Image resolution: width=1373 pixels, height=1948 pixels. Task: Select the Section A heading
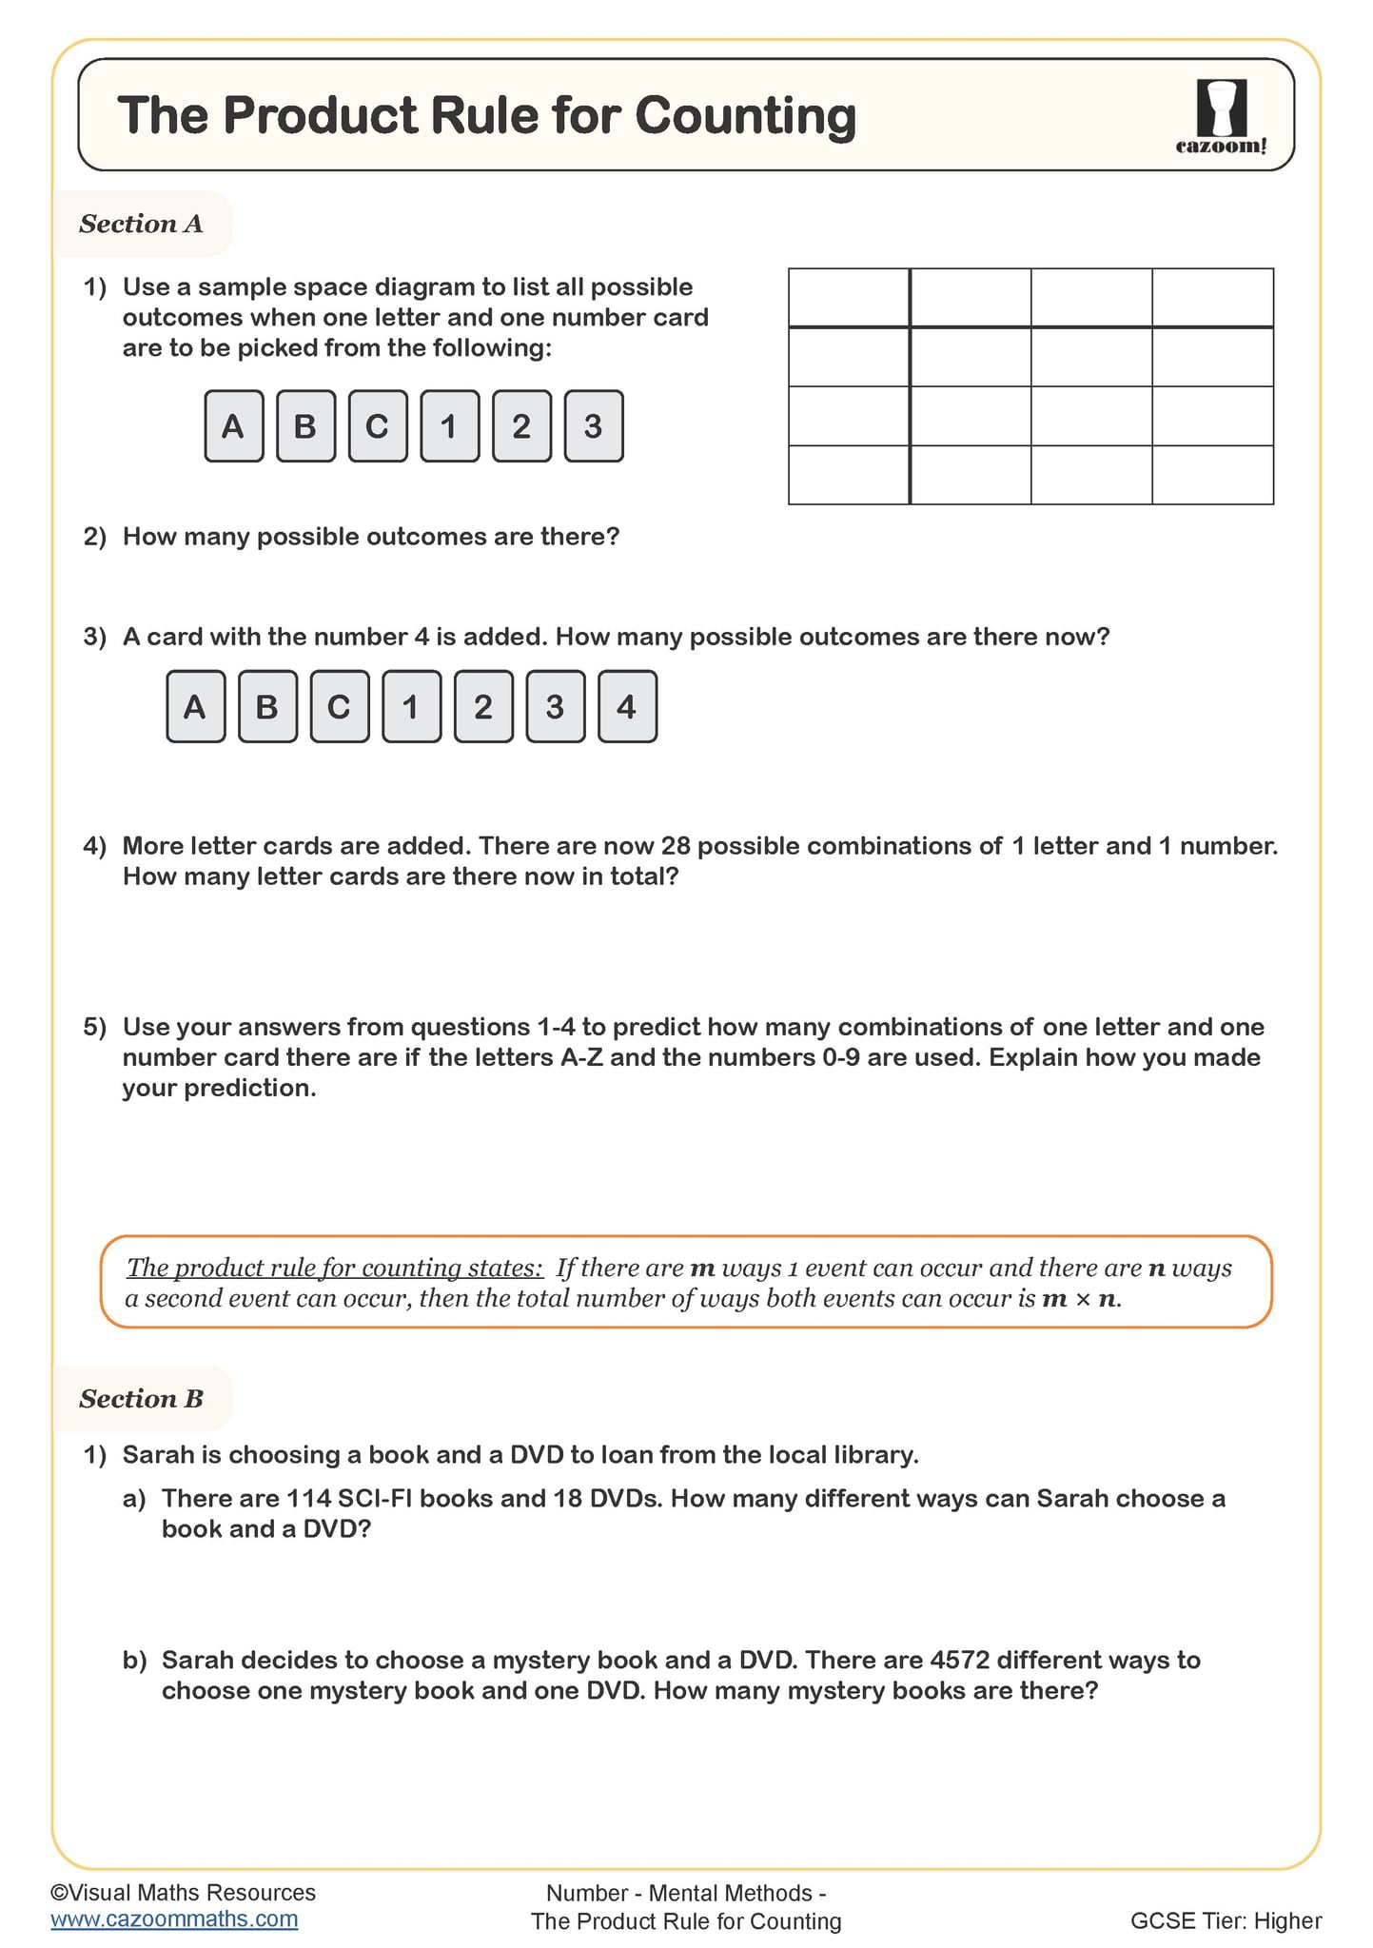pos(141,224)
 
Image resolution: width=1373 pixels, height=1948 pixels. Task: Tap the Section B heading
pos(141,1398)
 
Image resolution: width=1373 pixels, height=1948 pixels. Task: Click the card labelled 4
pos(626,706)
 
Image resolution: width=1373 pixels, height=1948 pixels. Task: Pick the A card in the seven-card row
pos(195,706)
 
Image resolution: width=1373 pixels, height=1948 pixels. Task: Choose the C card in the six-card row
pos(377,425)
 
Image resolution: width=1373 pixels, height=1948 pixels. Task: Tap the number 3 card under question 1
pos(593,425)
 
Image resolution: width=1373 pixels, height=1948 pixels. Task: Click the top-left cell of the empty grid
pos(848,297)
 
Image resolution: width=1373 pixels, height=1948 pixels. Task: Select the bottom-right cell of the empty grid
pos(1212,474)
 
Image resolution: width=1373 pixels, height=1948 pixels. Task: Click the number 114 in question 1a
pos(308,1498)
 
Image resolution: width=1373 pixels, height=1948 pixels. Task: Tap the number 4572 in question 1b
pos(960,1660)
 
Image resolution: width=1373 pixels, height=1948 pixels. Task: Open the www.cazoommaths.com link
pos(174,1918)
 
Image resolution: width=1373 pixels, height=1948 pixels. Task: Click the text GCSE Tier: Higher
pos(1226,1920)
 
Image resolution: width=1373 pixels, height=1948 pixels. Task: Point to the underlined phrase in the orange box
pos(334,1268)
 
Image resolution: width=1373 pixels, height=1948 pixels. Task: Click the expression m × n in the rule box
pos(1081,1299)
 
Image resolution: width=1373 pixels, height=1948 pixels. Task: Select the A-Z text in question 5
pos(581,1057)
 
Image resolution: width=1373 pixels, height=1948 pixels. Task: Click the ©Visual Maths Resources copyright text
pos(183,1892)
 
